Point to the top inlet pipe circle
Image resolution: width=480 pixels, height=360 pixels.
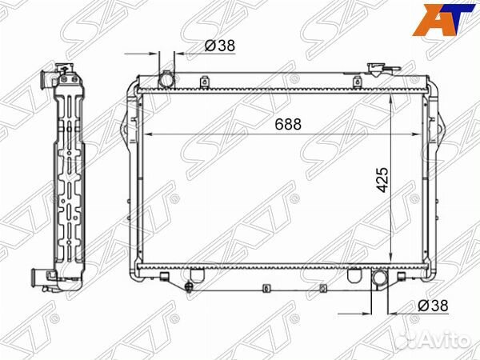pyautogui.click(x=166, y=80)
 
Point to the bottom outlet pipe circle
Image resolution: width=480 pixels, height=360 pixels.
pyautogui.click(x=379, y=279)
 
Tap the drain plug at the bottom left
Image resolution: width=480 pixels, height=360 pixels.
pyautogui.click(x=190, y=287)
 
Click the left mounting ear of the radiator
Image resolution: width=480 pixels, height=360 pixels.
pyautogui.click(x=123, y=131)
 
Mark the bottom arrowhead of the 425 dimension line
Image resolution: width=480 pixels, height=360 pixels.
pyautogui.click(x=390, y=260)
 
